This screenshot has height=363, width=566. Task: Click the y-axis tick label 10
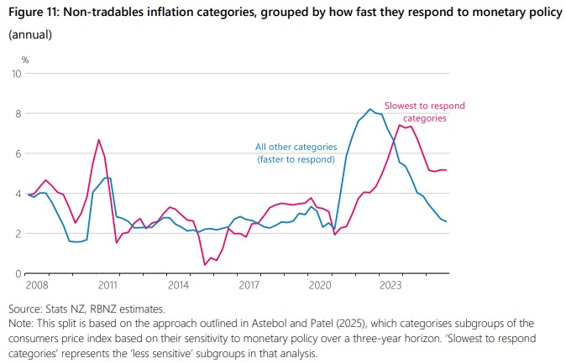[16, 74]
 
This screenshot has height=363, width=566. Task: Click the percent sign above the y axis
[24, 60]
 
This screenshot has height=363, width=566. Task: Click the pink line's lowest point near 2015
[206, 265]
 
